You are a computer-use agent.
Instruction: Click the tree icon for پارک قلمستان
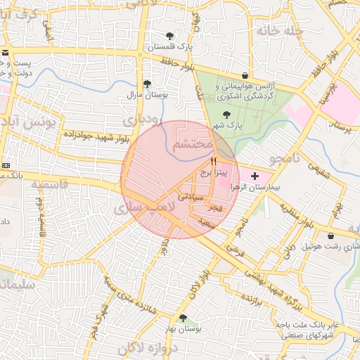(x=169, y=36)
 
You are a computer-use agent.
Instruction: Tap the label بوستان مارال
(x=145, y=94)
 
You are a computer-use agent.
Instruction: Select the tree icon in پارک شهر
(x=226, y=114)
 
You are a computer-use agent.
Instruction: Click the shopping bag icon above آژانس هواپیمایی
(x=244, y=75)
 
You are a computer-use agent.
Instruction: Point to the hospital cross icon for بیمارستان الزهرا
(x=254, y=174)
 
